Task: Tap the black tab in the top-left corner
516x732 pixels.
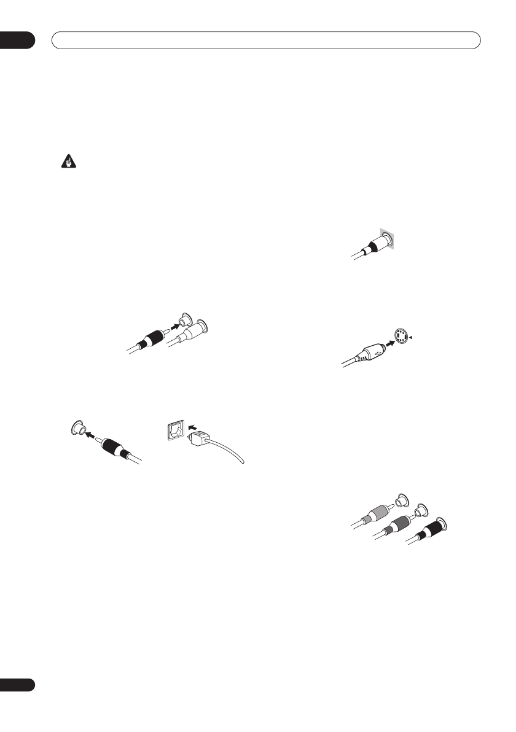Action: click(17, 40)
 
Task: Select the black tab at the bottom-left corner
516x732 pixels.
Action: click(17, 684)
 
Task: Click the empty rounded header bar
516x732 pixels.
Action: click(265, 40)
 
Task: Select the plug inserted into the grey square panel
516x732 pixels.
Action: click(377, 243)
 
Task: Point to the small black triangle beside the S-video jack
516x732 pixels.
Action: click(413, 337)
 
